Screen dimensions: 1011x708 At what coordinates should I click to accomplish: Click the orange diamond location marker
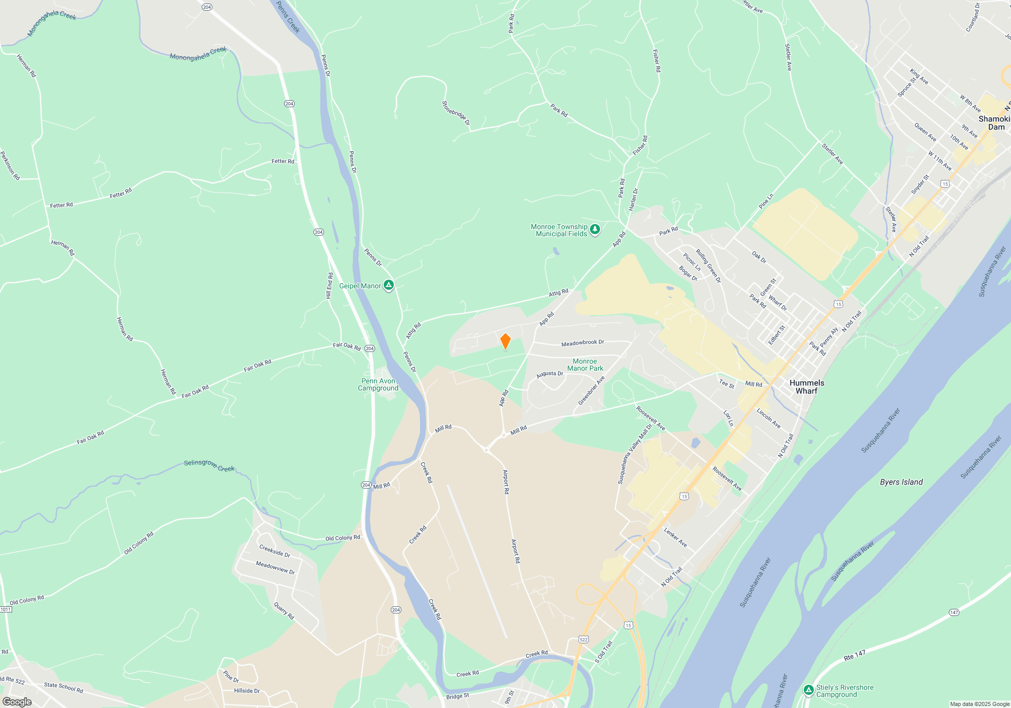click(505, 341)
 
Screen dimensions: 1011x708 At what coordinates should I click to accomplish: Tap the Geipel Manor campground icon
click(388, 286)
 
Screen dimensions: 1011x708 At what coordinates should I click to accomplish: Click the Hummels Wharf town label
click(806, 387)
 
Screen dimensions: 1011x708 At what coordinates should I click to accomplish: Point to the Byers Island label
click(901, 482)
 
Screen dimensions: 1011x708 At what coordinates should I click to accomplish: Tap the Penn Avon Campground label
click(378, 385)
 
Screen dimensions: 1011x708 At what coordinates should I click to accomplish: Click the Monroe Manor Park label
click(585, 365)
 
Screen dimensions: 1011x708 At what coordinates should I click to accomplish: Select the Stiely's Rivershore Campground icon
click(809, 690)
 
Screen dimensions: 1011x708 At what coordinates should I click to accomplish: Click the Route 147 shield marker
click(954, 612)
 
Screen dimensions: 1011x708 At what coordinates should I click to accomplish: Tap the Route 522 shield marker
click(584, 639)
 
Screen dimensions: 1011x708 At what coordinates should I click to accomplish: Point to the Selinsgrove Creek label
click(209, 465)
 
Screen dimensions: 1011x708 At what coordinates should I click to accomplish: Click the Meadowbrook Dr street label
click(582, 343)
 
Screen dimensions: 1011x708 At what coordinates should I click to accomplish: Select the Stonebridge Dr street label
click(456, 113)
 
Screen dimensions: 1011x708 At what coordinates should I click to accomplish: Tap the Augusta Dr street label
click(549, 374)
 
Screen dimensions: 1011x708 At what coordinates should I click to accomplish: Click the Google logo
click(17, 702)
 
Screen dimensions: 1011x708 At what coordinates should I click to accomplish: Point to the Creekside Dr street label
click(274, 551)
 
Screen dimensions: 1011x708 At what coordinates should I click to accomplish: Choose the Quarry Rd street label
click(284, 611)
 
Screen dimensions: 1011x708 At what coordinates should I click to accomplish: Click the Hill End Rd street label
click(330, 286)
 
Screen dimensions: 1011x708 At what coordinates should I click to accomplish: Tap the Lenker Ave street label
click(675, 538)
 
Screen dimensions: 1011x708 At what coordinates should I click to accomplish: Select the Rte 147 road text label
click(854, 656)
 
